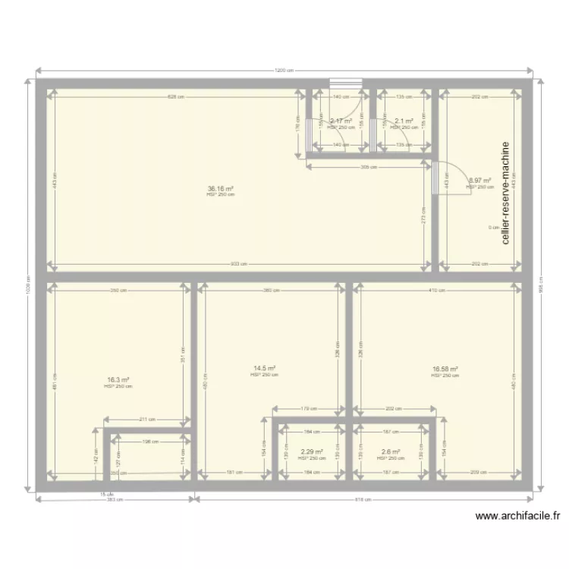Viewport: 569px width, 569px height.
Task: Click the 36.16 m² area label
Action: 221,189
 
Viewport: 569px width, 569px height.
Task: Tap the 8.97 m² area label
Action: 480,181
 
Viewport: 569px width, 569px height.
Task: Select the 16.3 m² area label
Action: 118,380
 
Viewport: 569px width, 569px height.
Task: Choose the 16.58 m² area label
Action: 445,369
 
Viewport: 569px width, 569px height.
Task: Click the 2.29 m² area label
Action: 312,452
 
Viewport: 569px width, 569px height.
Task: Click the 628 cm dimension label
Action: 176,97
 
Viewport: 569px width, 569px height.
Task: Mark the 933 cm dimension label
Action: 239,264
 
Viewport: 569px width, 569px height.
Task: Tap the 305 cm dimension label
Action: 369,166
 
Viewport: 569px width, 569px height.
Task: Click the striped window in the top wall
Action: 345,83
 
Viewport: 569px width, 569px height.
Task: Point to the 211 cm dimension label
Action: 147,419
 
